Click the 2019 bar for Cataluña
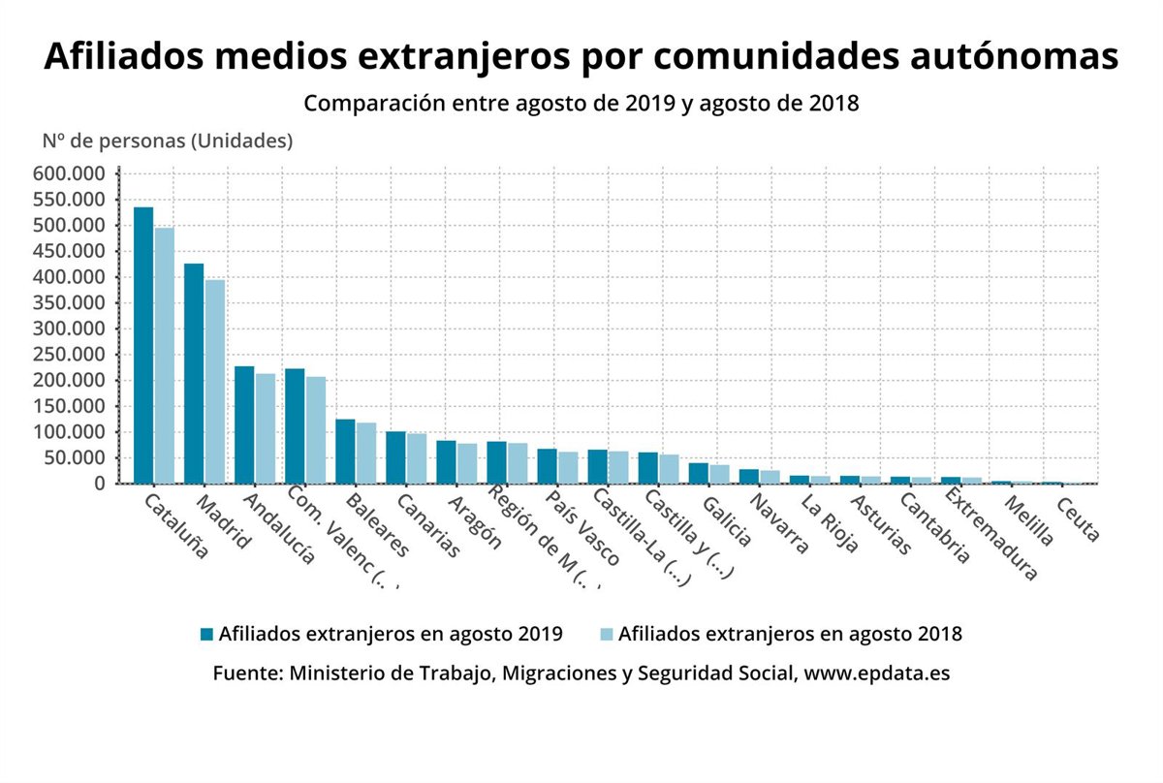click(x=143, y=345)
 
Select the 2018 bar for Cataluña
click(x=164, y=356)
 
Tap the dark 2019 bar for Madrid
click(x=194, y=373)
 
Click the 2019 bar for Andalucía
click(x=244, y=424)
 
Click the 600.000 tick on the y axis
click(x=72, y=174)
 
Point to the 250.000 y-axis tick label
click(x=72, y=355)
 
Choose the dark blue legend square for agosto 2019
click(x=206, y=635)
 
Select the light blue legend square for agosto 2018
click(x=607, y=635)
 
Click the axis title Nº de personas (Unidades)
click(x=167, y=141)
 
